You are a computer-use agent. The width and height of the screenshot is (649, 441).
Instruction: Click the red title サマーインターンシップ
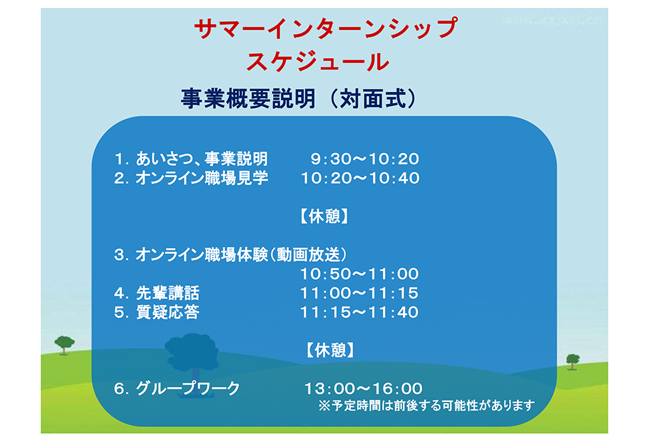pos(325,28)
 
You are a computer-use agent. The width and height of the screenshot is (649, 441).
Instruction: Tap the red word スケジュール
pos(318,62)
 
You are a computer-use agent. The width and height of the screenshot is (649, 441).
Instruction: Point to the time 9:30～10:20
pos(365,158)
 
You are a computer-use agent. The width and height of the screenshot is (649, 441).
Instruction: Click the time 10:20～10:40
pos(360,178)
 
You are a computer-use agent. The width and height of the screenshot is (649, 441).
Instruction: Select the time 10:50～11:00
pos(359,274)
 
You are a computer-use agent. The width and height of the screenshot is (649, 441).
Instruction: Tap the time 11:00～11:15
pos(359,293)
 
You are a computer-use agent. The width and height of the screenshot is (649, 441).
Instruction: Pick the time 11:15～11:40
pos(359,312)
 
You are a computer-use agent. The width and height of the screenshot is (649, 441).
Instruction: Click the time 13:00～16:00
pos(363,389)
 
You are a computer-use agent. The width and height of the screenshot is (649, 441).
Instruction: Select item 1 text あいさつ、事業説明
pos(202,158)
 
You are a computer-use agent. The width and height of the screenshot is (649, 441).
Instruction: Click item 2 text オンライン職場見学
pos(202,178)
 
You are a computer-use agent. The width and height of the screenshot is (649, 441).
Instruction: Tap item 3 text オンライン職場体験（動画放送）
pos(241,255)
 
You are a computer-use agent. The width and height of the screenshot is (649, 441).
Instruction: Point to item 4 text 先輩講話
pos(168,293)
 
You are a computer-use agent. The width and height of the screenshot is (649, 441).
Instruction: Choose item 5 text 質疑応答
pos(168,312)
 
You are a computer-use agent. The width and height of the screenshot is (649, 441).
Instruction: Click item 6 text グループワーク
pos(188,389)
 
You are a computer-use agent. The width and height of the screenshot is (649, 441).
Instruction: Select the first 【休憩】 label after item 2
pos(324,216)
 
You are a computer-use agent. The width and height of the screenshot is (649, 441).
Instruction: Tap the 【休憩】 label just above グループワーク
pos(330,350)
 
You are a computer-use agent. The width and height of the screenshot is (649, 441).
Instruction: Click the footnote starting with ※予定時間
pos(427,405)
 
